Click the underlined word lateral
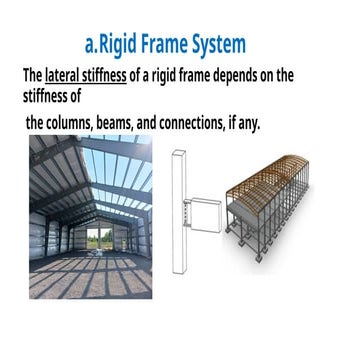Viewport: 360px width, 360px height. click(67, 76)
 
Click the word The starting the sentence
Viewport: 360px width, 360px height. click(32, 76)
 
